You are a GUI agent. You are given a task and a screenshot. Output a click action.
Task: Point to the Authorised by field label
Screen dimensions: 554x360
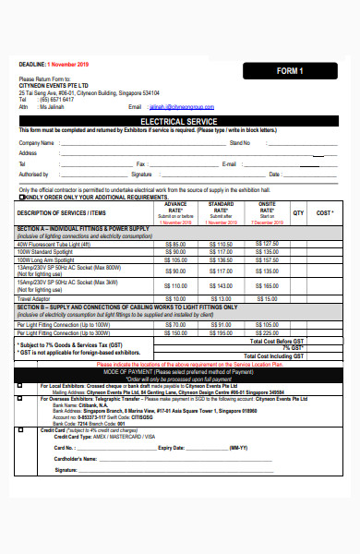click(34, 174)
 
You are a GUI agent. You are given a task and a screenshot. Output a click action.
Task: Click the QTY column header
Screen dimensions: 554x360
click(298, 212)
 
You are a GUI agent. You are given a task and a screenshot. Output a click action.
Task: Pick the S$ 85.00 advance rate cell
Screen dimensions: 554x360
click(174, 244)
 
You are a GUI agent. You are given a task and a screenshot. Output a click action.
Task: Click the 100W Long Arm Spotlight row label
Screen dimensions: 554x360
click(47, 260)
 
